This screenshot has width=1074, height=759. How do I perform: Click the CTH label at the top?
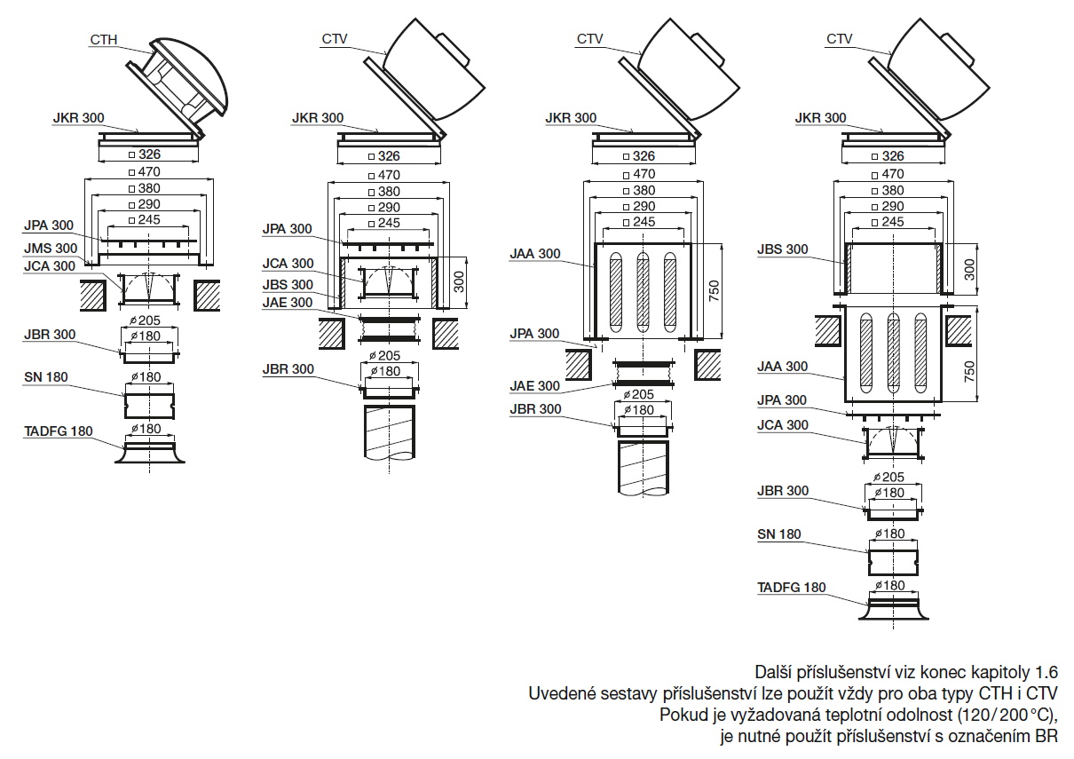point(103,39)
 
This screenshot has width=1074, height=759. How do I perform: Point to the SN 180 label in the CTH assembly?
point(45,377)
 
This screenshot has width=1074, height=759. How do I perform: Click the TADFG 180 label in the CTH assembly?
point(58,431)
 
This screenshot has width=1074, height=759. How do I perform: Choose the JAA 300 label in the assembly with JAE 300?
point(537,254)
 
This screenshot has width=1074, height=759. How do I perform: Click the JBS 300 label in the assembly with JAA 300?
point(784,249)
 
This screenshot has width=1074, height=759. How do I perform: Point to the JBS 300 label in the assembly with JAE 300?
point(288,285)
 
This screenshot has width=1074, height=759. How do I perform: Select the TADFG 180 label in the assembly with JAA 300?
point(791,588)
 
